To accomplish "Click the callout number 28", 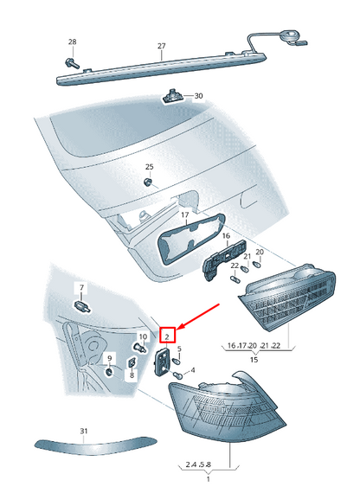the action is tap(73, 42).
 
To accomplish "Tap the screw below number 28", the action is tap(72, 63).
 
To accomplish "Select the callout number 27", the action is tap(162, 46).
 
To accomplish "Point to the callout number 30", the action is tap(198, 96).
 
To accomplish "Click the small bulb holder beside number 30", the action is tap(171, 96).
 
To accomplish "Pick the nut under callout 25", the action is tap(147, 182).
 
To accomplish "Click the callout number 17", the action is tap(185, 215).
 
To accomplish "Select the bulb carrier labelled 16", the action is tap(223, 259).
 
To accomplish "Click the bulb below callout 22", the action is tap(235, 279).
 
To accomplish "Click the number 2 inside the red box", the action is tap(167, 337).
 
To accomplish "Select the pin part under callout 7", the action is tap(82, 305).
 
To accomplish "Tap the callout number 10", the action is tap(143, 336).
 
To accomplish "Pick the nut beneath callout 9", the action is tap(109, 372).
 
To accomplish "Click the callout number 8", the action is tap(132, 375).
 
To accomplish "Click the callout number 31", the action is tap(84, 431).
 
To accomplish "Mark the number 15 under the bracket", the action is tap(254, 360).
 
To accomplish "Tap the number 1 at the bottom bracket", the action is tap(209, 479).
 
